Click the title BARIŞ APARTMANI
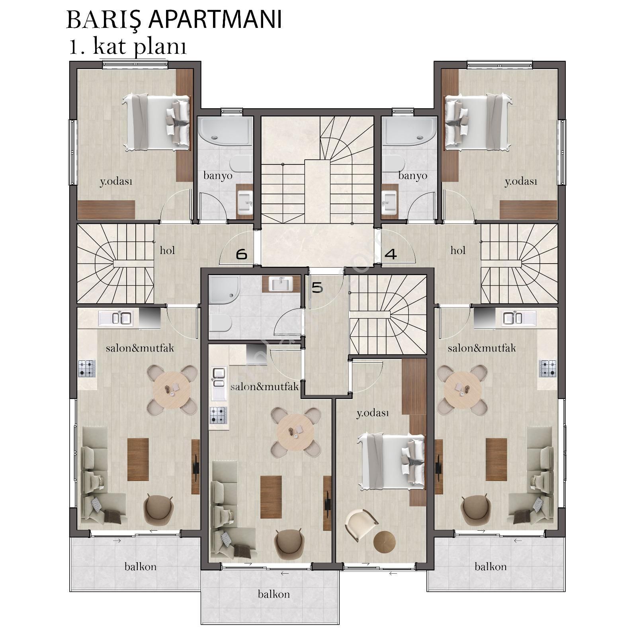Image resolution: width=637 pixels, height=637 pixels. pos(174,20)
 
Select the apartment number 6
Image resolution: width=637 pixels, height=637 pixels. pos(242,254)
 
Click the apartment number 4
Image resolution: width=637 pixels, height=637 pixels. pos(391,254)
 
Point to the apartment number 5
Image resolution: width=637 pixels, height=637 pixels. pos(317,287)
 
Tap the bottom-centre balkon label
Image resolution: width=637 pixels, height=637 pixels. pos(274,594)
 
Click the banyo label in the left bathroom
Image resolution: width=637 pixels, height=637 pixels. pos(218,176)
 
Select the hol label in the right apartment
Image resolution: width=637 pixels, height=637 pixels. pos(458,250)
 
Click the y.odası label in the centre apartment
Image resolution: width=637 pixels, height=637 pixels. pos(372,414)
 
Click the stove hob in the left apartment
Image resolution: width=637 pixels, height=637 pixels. pos(87,368)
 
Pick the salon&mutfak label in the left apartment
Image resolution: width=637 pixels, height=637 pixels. pos(140,348)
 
